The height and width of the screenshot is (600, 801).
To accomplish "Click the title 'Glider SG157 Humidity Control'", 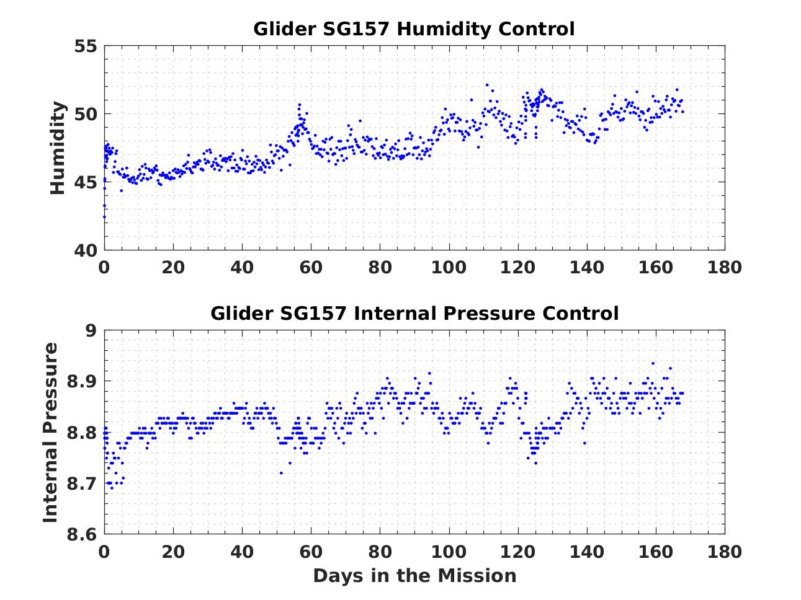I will [414, 29].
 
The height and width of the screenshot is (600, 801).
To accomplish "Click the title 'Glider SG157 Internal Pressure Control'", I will [414, 313].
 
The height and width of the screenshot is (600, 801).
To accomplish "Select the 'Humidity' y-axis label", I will [58, 148].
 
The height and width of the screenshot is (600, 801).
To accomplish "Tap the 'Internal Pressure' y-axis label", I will [51, 432].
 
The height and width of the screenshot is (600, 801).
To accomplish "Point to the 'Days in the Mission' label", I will [414, 576].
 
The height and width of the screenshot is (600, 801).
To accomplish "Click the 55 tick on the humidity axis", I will [85, 46].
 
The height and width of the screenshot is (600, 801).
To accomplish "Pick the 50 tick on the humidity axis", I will [85, 114].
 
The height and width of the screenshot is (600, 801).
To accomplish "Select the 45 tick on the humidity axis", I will [85, 182].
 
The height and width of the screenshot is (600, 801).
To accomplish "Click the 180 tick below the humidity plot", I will [724, 267].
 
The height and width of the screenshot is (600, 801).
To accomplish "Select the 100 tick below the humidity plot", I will [449, 267].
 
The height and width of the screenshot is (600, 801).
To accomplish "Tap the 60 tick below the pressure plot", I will [311, 551].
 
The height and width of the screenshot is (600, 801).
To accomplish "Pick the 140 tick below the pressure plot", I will [586, 551].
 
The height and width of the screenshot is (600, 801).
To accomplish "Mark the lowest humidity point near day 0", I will [104, 217].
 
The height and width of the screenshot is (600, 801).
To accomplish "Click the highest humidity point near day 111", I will [487, 85].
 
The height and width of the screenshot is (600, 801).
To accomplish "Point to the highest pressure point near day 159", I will [653, 363].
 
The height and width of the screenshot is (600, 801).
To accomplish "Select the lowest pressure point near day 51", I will [281, 473].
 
